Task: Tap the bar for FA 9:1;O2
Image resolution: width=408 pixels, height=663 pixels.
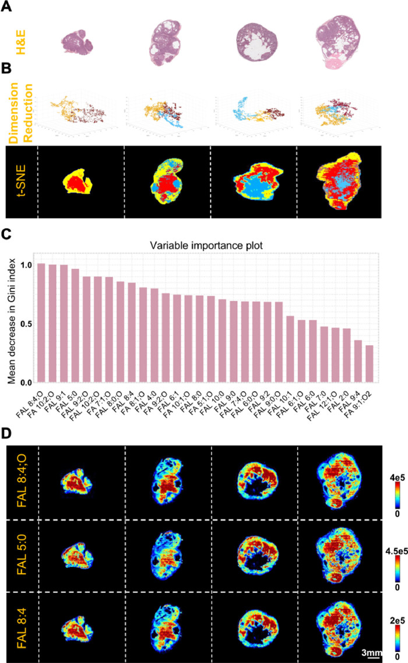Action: pos(368,364)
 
